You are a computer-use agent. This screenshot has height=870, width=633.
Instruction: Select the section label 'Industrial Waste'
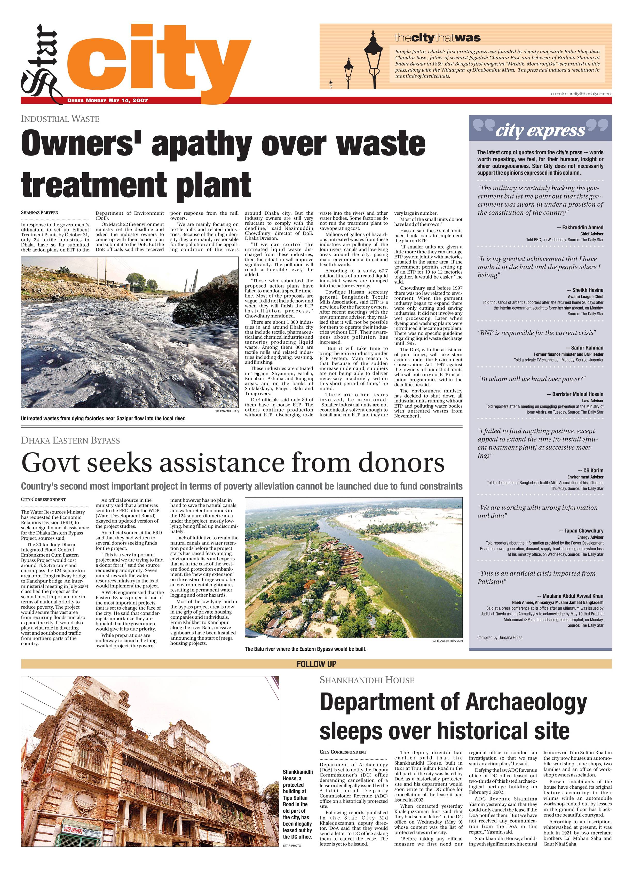[x=60, y=119]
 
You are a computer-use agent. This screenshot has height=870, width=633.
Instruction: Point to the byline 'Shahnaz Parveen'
[x=40, y=213]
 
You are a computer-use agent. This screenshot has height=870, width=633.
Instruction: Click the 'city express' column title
[x=540, y=131]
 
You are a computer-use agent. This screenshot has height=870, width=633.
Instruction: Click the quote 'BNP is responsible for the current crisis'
[x=537, y=333]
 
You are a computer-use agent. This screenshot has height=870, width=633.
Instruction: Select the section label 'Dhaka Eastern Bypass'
[x=70, y=440]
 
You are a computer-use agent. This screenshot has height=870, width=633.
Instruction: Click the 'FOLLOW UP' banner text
[x=316, y=664]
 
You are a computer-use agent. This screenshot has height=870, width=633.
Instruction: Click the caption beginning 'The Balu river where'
[x=306, y=649]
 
